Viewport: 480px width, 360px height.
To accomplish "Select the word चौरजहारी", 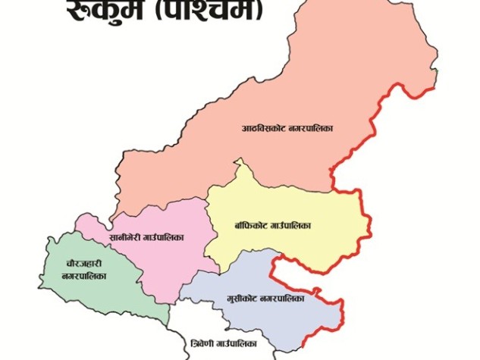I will [x=83, y=263].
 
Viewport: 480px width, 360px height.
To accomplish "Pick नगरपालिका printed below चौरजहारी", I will [x=83, y=276].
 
